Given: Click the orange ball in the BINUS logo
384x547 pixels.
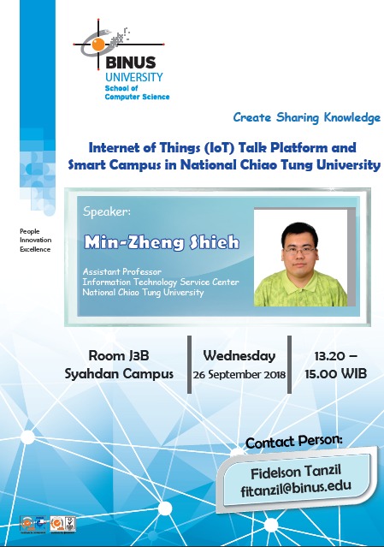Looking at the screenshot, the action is click(98, 45).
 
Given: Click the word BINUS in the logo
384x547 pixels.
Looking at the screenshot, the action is click(130, 62).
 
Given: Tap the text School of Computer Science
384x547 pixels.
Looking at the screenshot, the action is click(137, 92).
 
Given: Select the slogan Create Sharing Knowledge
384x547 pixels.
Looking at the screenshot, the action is click(307, 117).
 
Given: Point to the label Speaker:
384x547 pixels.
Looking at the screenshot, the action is click(107, 211).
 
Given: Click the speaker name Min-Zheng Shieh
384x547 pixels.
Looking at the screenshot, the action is click(162, 242).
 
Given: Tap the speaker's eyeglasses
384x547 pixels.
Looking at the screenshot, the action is click(299, 250).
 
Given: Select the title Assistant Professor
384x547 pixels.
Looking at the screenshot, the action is click(122, 271).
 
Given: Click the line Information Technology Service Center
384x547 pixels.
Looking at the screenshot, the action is click(161, 282).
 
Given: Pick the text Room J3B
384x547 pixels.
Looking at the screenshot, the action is click(119, 356).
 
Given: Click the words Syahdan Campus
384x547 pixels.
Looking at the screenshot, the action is click(119, 374).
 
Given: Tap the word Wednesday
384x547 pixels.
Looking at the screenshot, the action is click(239, 356).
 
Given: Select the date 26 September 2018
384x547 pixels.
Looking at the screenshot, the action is click(239, 375).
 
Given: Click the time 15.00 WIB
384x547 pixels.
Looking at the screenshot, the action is click(336, 374).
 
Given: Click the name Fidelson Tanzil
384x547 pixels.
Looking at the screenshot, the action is click(296, 472).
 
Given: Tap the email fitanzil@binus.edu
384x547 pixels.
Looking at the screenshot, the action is click(296, 488).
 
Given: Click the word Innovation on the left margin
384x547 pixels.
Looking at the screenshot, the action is click(36, 240).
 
